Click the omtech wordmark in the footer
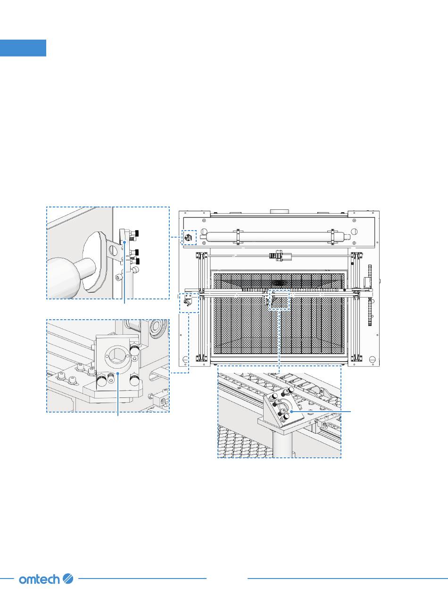39,579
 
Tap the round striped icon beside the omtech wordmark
68,579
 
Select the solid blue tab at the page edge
23,48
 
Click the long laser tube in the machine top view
275,237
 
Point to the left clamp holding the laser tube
238,237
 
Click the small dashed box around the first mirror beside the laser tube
189,238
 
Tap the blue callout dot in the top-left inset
124,241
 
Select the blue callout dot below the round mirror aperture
118,373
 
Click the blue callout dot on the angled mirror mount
291,411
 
